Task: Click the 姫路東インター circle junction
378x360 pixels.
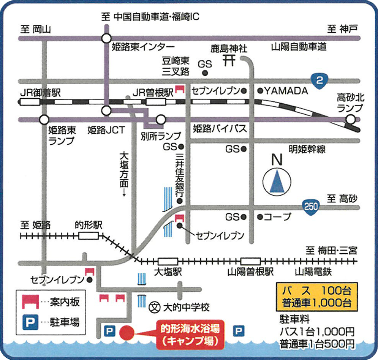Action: [106, 39]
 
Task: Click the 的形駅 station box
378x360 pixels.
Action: [89, 236]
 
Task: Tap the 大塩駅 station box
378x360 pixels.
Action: [168, 261]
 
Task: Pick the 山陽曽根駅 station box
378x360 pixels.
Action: [250, 261]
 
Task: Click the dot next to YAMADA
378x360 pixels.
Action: [260, 91]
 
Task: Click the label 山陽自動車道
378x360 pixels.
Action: [299, 47]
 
